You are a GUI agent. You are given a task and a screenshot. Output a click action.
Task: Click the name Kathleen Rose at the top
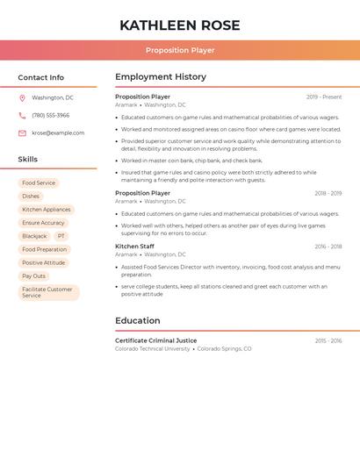coord(179,25)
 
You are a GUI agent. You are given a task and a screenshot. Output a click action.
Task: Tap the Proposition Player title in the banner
coord(179,50)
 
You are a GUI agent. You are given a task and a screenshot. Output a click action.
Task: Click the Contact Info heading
coord(41,77)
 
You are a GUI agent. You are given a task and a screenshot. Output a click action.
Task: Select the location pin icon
coord(22,97)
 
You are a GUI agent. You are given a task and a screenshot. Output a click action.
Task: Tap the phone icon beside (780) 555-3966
coord(22,115)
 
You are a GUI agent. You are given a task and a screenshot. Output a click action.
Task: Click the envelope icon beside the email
coord(22,133)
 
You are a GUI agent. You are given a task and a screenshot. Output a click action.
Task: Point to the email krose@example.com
coord(58,133)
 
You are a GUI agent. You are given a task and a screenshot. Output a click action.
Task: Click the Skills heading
coord(28,160)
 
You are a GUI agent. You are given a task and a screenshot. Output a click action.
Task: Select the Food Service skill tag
coord(39,183)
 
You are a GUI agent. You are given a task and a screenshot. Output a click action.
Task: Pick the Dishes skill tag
coord(31,197)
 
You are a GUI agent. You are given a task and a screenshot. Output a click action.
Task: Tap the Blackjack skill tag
coord(34,236)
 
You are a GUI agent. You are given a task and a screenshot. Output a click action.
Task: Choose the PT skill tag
coord(61,236)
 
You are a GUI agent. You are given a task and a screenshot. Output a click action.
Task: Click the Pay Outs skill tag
coord(33,275)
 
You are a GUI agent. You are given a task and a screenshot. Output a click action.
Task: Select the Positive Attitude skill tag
coord(43,262)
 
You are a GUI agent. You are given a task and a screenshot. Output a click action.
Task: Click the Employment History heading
coord(160,77)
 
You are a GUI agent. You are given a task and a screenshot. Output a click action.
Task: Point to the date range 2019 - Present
coord(324,97)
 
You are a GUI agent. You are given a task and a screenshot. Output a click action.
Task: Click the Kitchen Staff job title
coord(134,247)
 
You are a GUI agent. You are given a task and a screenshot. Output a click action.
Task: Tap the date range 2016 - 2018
coord(328,247)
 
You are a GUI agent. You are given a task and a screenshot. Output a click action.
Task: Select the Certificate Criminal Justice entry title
coord(155,340)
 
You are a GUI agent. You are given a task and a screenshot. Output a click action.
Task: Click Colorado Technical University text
coord(152,348)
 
